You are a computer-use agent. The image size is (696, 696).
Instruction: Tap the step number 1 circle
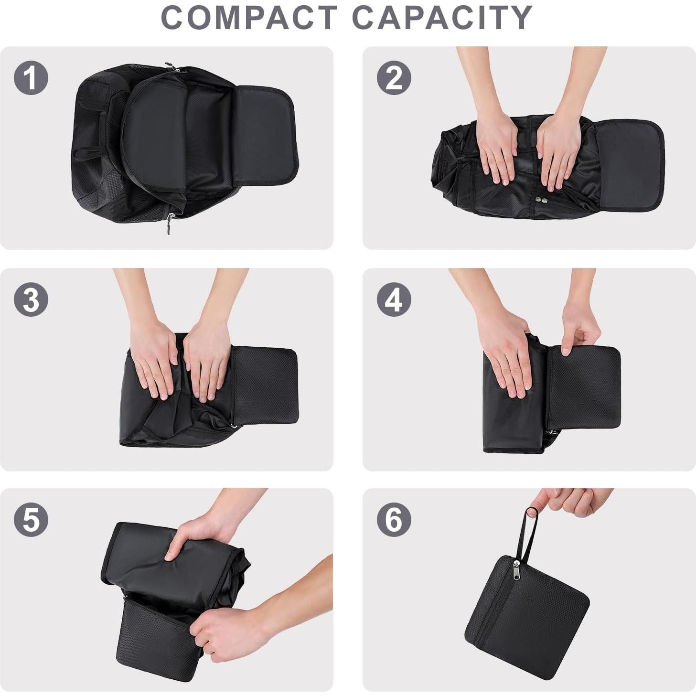31,78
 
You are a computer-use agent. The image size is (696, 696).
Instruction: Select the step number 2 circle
394,78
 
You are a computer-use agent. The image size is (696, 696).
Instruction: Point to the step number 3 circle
31,300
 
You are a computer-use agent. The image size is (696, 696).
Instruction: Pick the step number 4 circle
394,300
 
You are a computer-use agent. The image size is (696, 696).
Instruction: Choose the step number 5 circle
31,519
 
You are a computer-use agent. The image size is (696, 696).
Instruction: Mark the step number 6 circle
394,519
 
